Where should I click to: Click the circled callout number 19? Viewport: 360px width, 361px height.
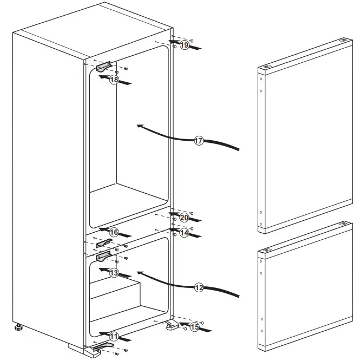pos(184,46)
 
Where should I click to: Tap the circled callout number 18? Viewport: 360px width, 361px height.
pos(114,80)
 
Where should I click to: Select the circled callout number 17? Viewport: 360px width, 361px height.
pos(199,141)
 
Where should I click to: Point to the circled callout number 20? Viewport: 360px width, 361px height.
pos(184,218)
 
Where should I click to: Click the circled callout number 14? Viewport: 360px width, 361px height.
pos(184,233)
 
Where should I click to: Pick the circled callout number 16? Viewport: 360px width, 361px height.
pos(114,232)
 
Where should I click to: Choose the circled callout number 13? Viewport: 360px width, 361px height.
pos(114,273)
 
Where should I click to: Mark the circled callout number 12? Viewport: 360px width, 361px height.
pos(199,287)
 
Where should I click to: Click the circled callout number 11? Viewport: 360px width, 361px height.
pos(114,336)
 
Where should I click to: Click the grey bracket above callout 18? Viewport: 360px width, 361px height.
pos(103,66)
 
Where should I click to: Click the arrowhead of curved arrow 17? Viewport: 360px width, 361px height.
pos(140,126)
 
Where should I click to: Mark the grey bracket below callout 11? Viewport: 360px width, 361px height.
pos(103,346)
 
